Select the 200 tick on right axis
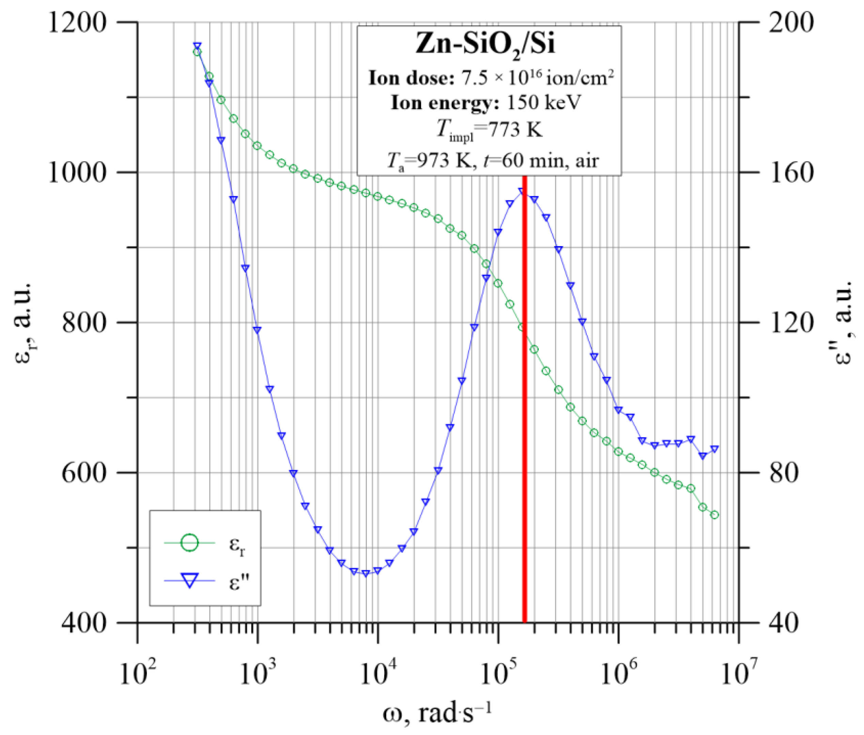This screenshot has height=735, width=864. tap(790, 22)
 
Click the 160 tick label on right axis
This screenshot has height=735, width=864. tap(790, 173)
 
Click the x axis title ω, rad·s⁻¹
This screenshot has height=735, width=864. tap(438, 713)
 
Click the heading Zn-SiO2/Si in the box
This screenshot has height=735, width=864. tap(486, 44)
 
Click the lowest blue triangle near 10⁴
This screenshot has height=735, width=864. tap(366, 573)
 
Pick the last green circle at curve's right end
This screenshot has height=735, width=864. tap(714, 515)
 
